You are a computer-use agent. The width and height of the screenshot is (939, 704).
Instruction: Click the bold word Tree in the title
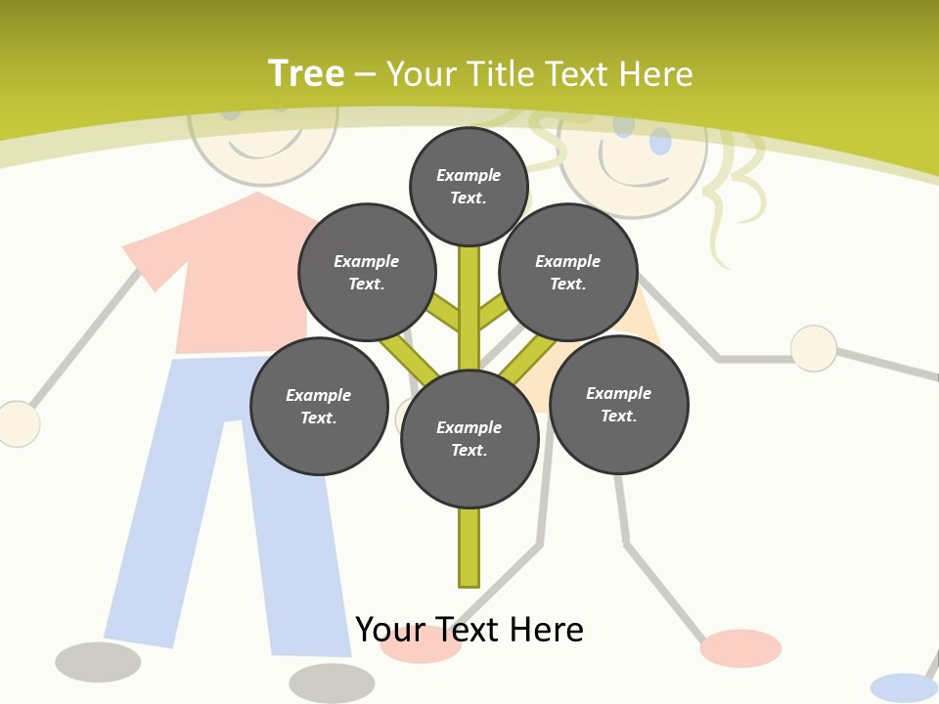click(x=306, y=74)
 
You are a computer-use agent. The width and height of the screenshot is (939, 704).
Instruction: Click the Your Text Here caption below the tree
click(x=469, y=630)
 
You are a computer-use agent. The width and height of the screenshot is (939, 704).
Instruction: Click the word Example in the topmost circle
click(x=469, y=175)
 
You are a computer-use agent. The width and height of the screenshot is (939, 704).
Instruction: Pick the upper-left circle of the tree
click(x=367, y=273)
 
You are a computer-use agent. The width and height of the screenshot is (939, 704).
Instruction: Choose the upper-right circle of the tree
click(x=568, y=273)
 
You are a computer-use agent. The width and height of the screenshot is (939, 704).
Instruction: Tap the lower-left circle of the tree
click(x=319, y=407)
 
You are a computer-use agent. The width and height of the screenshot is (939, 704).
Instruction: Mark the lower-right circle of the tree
click(x=618, y=405)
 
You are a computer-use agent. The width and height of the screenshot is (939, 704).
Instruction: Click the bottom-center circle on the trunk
click(x=469, y=439)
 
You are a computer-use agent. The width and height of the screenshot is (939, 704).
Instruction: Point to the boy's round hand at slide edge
click(x=17, y=424)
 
